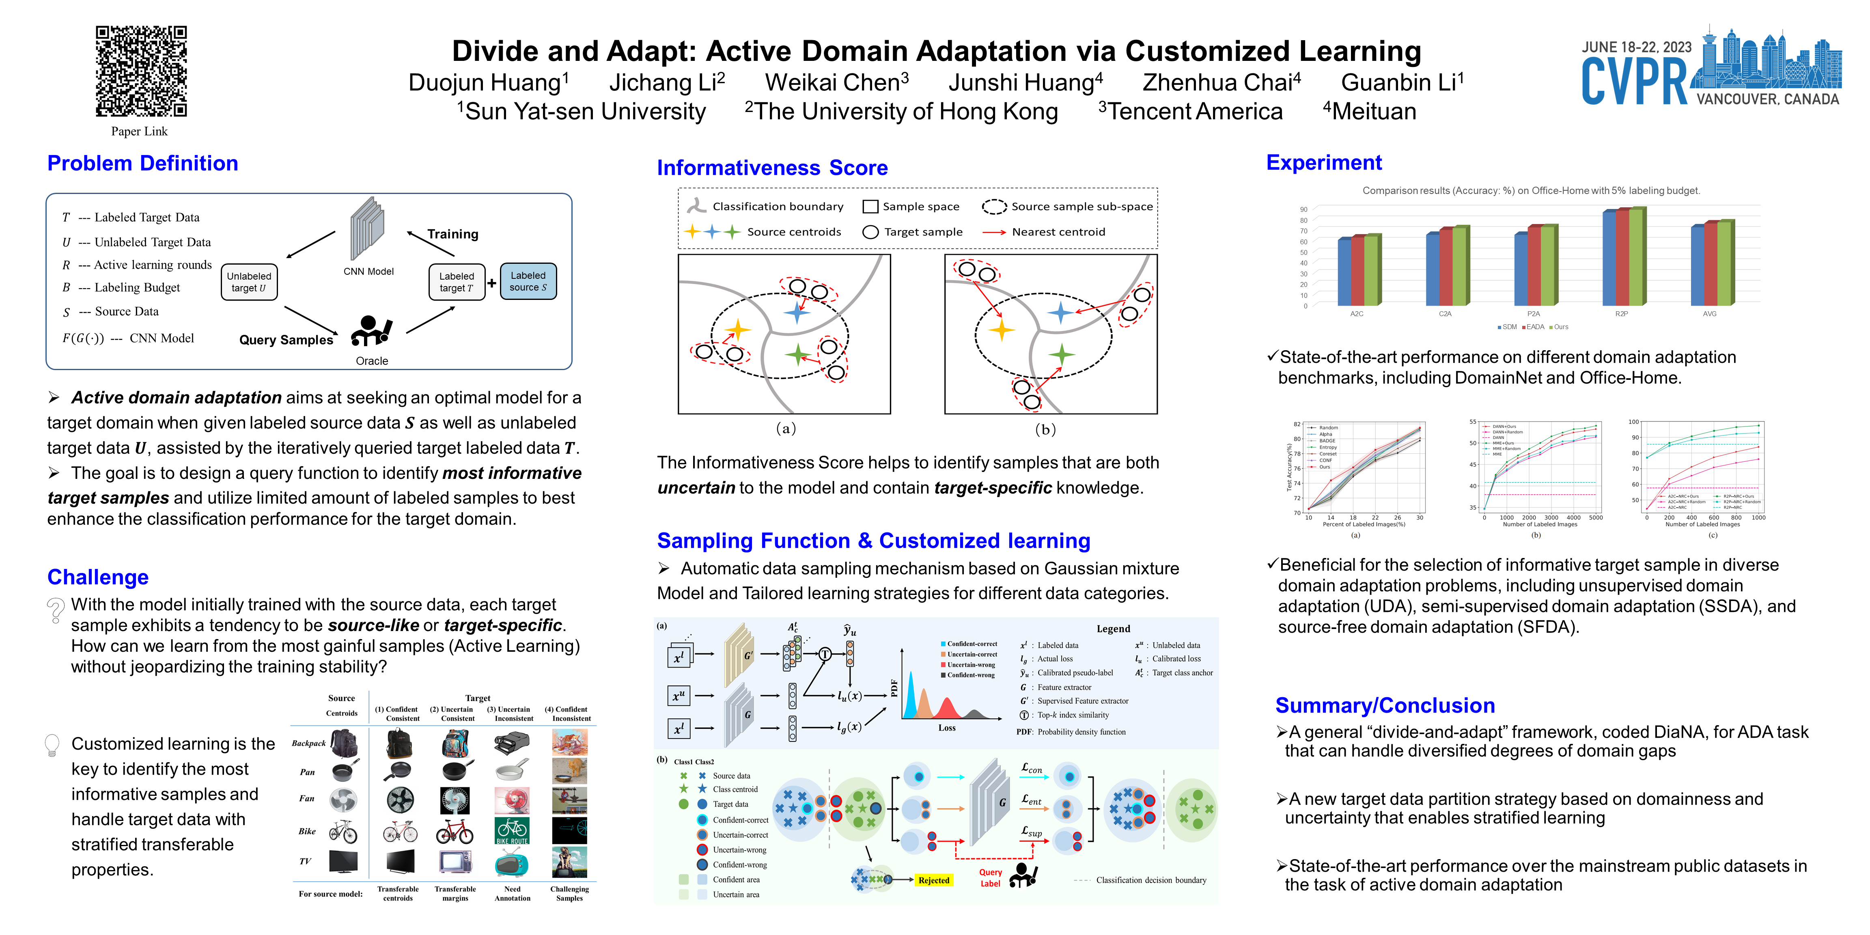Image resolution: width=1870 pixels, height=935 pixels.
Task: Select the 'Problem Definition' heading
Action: (142, 163)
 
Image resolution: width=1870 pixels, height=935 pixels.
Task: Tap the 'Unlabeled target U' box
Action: (249, 282)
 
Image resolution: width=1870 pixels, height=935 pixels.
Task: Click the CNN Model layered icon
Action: (367, 228)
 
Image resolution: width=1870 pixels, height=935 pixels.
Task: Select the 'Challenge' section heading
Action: (98, 577)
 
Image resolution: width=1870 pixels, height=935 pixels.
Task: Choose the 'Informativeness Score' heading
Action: (772, 168)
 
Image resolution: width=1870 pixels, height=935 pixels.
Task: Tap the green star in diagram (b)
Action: (1061, 354)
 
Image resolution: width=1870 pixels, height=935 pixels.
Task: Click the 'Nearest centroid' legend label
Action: (1058, 232)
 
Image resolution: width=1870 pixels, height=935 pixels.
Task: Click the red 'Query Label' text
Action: (990, 878)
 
